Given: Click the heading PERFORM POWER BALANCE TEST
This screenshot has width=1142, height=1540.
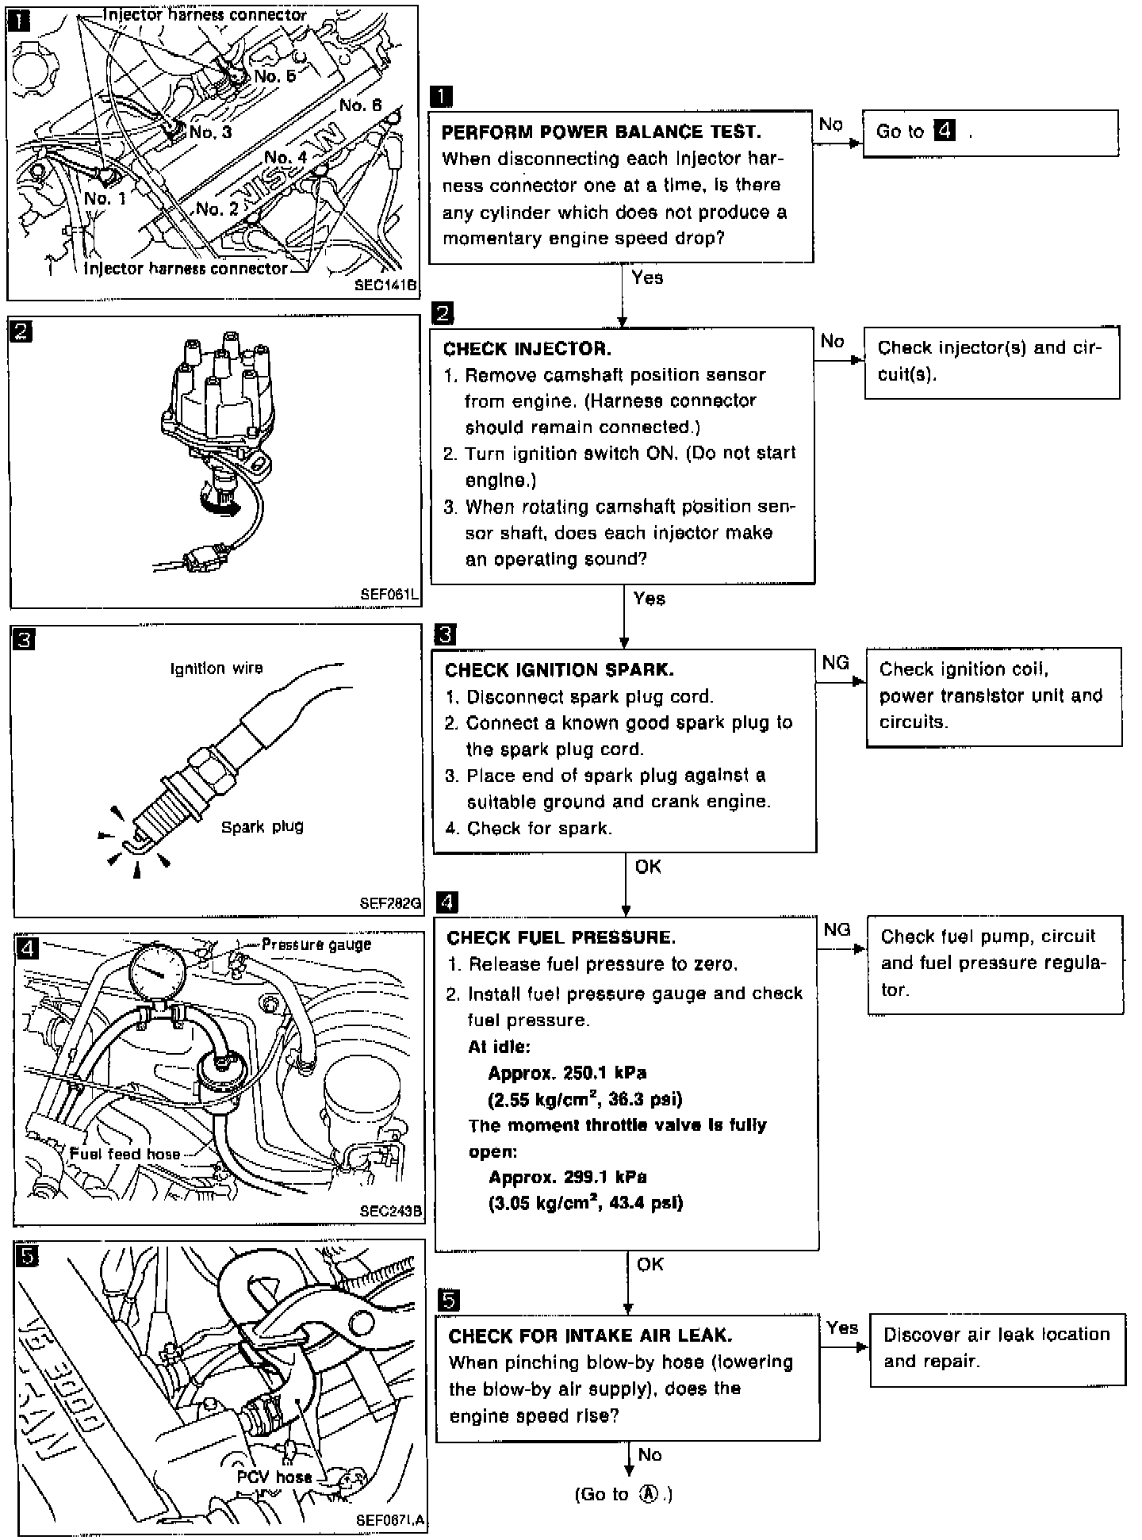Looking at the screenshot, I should point(600,132).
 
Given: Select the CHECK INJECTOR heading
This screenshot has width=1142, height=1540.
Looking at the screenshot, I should point(527,349).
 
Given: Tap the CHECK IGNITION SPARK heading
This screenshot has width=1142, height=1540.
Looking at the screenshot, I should point(559,670).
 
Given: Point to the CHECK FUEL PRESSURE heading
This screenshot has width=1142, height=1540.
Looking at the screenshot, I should point(561,938).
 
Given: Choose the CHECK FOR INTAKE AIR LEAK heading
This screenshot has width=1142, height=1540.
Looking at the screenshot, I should point(590,1336).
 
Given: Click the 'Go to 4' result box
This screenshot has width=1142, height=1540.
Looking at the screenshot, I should point(990,132).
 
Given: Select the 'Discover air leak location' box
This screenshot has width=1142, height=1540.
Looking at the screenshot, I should point(997,1348).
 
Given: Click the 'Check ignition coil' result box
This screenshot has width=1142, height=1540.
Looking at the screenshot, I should point(993,695).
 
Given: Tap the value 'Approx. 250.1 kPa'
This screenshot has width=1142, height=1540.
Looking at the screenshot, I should point(567,1073).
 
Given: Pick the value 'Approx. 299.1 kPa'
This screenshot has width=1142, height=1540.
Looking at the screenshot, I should point(567,1178).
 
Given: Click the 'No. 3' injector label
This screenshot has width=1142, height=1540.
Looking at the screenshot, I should point(210,132).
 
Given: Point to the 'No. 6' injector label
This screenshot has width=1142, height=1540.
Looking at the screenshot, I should point(360,105).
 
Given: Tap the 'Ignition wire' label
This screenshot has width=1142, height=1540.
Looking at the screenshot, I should point(217,668).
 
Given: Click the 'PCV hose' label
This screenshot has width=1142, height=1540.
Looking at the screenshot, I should point(274,1477).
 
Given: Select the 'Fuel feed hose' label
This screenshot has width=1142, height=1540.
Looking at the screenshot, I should point(125,1154).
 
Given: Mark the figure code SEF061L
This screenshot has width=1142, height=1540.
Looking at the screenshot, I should point(389,593).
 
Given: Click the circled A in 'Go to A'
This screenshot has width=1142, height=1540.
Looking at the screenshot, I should point(650,1494).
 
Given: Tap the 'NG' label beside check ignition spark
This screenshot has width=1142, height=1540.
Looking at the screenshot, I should point(836,663).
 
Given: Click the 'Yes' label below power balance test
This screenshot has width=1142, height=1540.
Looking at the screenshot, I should point(647,278).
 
